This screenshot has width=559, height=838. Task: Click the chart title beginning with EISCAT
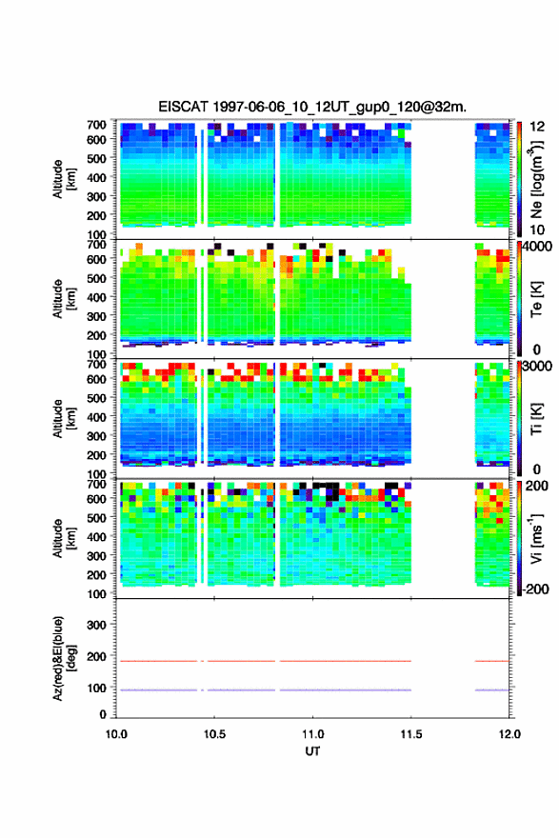tap(312, 107)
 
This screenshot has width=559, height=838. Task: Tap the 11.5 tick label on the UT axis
tap(411, 734)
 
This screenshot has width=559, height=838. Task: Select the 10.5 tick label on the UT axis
tap(214, 734)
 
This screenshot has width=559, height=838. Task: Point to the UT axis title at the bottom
tap(312, 751)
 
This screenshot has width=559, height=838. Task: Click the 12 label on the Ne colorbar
tap(537, 127)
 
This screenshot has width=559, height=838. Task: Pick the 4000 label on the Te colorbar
tap(536, 247)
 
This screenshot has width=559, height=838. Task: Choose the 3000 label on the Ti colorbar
tap(536, 366)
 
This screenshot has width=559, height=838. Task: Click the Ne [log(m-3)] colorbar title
tap(537, 180)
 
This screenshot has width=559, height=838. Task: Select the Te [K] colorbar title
tap(536, 299)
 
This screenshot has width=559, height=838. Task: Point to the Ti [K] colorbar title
tap(536, 419)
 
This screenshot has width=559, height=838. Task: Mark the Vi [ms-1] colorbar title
tap(536, 538)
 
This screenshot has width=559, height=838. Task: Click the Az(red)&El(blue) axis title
tap(65, 658)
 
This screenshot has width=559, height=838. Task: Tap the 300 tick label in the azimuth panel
tap(96, 625)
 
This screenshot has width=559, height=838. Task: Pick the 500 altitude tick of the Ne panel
tap(96, 158)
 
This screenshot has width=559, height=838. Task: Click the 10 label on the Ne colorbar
tap(537, 229)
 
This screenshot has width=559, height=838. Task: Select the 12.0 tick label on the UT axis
tap(509, 734)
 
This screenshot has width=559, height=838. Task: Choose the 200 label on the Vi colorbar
tap(536, 486)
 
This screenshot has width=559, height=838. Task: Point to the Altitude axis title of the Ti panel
tap(64, 418)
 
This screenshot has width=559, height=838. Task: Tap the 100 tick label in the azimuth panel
tap(96, 688)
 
